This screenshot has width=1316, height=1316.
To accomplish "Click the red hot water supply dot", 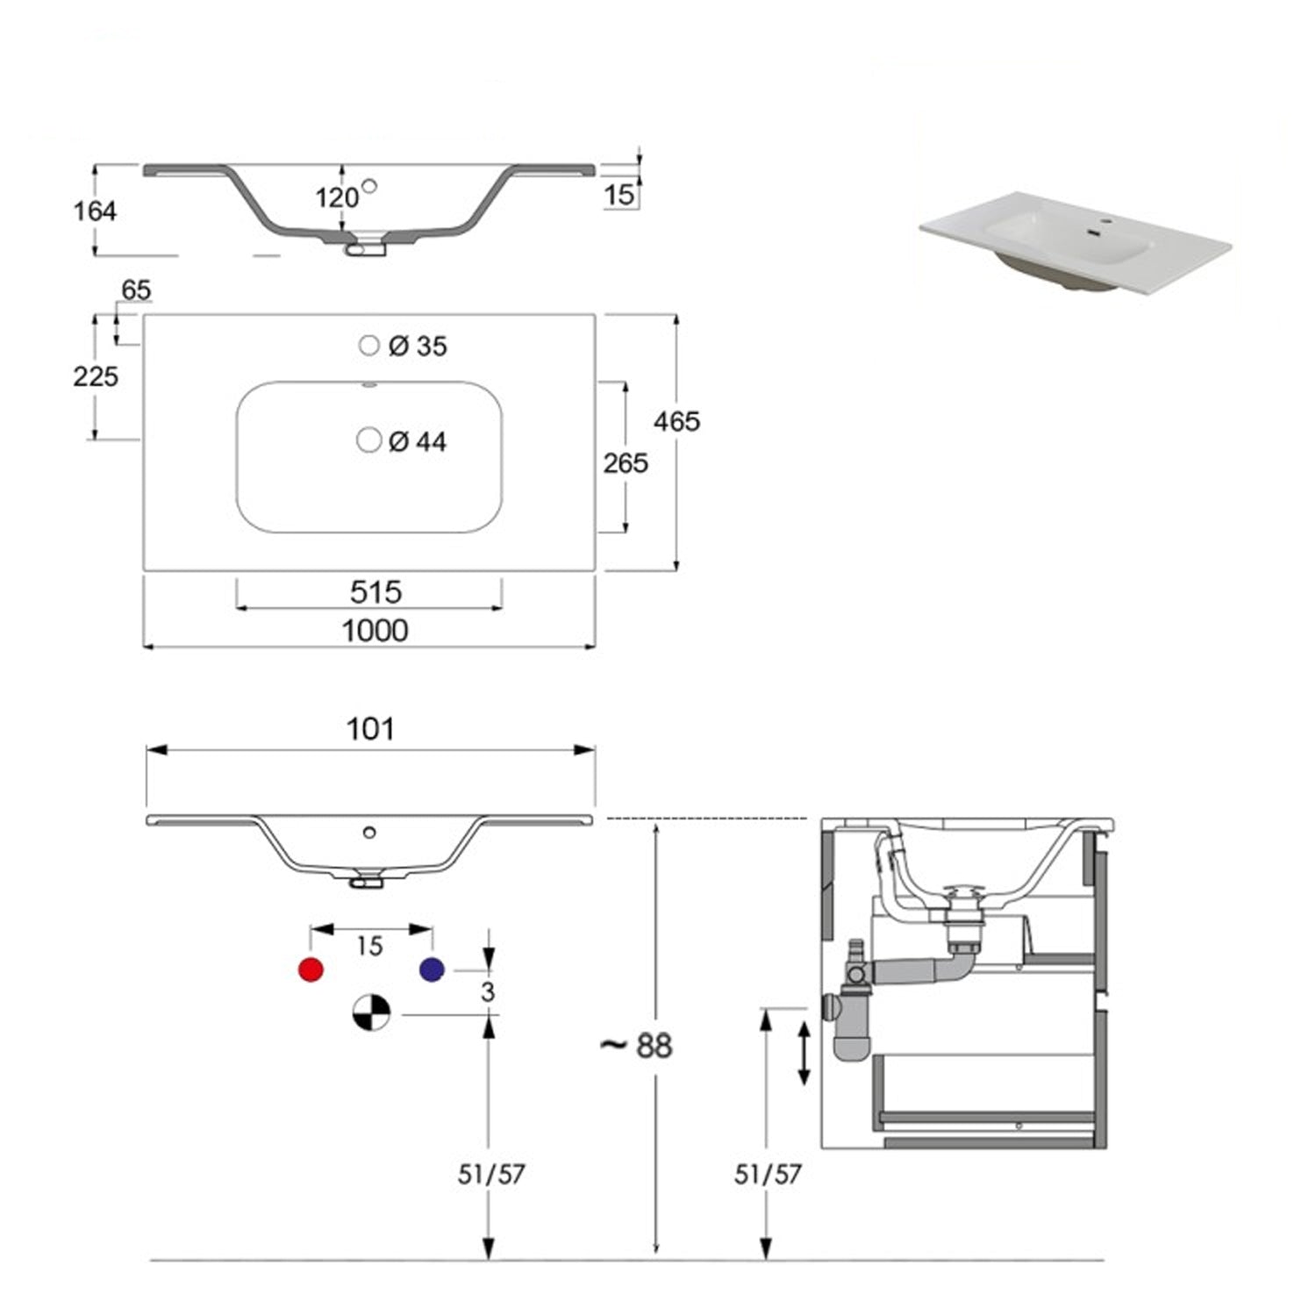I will click(x=311, y=969).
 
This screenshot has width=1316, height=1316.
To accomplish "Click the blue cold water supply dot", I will click(x=432, y=969).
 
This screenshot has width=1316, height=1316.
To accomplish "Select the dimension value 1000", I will click(x=375, y=630).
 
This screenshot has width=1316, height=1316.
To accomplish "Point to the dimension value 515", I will click(x=375, y=592).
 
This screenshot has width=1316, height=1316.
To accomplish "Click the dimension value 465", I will click(x=676, y=422).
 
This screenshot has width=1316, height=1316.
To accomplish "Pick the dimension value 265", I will click(x=626, y=462).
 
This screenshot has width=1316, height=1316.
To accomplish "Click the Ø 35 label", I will click(x=418, y=347).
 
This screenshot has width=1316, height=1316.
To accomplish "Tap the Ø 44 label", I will click(x=418, y=441).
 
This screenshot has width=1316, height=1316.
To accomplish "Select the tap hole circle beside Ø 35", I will click(x=369, y=345).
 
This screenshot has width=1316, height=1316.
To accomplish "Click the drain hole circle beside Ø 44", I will click(x=369, y=440).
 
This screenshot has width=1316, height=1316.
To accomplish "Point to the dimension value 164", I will click(x=95, y=211).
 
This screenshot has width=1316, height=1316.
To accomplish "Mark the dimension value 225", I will click(x=95, y=376).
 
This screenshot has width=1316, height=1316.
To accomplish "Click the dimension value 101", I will click(x=370, y=729).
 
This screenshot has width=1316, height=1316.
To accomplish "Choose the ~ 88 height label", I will click(x=636, y=1045).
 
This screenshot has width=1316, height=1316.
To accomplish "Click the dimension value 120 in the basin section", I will click(x=337, y=198).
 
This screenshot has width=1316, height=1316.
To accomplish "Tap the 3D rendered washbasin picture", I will click(x=1074, y=239).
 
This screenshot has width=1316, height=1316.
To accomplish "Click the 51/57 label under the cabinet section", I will click(x=768, y=1174).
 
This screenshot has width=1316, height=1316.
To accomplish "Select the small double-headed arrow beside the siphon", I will click(x=804, y=1052).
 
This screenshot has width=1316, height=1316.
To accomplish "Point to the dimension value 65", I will click(x=136, y=290).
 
